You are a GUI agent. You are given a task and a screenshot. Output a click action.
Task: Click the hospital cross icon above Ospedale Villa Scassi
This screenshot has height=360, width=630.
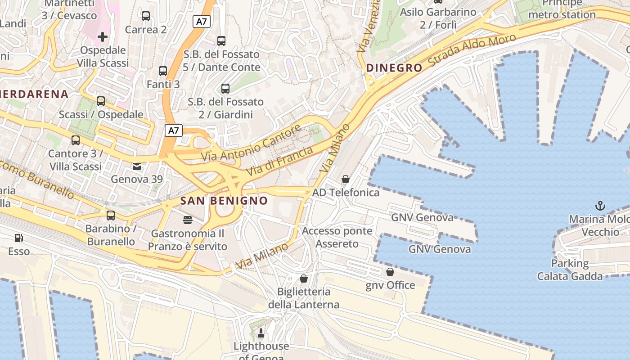[x=103, y=36]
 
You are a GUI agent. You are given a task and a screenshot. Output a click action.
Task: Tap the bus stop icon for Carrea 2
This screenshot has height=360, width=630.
[x=146, y=16]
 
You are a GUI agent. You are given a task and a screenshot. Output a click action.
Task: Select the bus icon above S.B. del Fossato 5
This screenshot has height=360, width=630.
[x=221, y=41]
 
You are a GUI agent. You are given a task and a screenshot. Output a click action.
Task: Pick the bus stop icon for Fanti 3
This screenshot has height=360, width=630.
[x=163, y=71]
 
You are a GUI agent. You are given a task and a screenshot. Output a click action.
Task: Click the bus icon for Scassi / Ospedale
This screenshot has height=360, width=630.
[x=101, y=101]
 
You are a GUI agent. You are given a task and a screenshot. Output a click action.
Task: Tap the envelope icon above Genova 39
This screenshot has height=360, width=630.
[x=137, y=166]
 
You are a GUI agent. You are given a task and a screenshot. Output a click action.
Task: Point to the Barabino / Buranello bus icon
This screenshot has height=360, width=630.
[x=111, y=216]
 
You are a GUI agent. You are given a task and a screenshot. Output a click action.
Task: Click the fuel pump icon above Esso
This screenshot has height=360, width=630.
[x=18, y=238]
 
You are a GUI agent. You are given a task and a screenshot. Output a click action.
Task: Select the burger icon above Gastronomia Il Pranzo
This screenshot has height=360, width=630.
[x=188, y=220]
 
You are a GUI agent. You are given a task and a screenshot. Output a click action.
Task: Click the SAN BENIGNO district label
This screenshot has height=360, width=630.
[x=224, y=201]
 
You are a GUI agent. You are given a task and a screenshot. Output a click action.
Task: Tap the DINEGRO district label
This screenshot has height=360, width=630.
[x=394, y=68]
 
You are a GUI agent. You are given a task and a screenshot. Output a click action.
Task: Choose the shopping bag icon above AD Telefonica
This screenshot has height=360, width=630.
[x=346, y=179]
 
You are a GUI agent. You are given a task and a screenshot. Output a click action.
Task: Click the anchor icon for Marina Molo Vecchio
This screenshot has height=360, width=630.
[x=600, y=206]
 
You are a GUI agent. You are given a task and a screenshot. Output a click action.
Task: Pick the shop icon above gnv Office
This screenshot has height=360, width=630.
[x=390, y=272]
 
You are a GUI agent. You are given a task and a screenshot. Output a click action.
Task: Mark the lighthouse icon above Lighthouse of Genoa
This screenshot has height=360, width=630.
[x=261, y=333]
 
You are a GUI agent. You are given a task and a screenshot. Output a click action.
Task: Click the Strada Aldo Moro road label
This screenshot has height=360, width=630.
[x=472, y=49]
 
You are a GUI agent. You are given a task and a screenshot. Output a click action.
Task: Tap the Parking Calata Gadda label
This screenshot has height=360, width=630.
[x=570, y=270]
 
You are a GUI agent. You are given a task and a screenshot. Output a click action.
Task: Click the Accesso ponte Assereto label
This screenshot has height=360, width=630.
[x=337, y=237]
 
